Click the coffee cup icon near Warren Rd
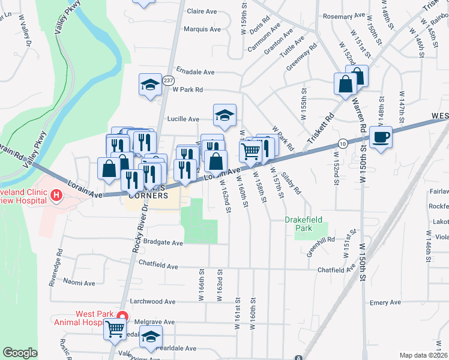[x=381, y=137]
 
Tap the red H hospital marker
[x=56, y=195]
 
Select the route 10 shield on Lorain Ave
[x=342, y=143]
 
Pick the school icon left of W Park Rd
[x=149, y=85]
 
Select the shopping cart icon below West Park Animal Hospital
[x=114, y=329]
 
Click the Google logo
[x=20, y=353]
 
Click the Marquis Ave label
[x=201, y=29]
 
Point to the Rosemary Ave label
[x=344, y=16]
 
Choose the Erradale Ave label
[x=195, y=72]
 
